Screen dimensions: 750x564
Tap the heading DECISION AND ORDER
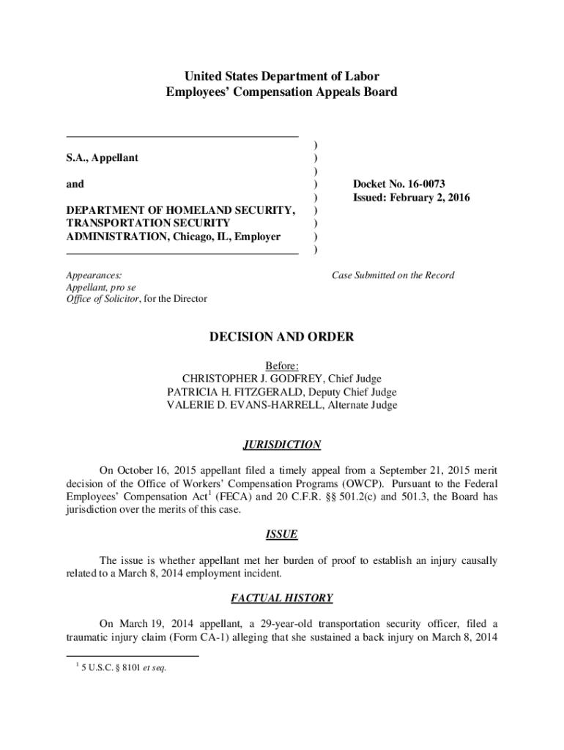[282, 337]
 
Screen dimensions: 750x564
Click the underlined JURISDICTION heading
[282, 445]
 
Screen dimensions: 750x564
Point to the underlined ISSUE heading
[282, 535]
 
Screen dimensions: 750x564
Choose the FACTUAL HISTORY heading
[282, 598]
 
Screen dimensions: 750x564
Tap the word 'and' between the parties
[75, 185]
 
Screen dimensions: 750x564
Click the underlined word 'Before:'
[282, 365]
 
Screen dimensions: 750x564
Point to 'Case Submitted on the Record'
[393, 275]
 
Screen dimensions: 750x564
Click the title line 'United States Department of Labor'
[282, 76]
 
